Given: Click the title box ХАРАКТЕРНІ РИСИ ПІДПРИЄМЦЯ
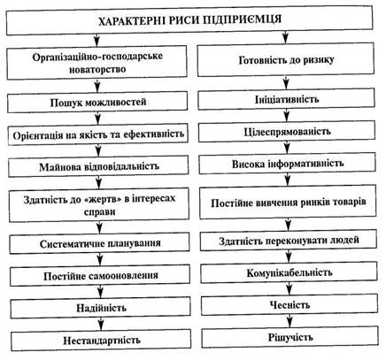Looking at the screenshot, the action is (x=189, y=21).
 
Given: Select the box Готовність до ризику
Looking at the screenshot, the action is (x=286, y=60).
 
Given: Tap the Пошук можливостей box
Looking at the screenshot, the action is (x=97, y=103).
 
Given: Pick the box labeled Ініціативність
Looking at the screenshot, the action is (x=287, y=99).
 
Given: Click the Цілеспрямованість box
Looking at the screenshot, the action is (x=287, y=132).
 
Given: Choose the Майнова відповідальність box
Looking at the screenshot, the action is (x=98, y=166).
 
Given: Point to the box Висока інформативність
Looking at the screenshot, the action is (x=288, y=164).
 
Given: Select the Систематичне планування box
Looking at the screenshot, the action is (x=100, y=243).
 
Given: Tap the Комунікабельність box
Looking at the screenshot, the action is (x=289, y=272).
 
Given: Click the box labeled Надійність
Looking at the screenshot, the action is (x=101, y=308).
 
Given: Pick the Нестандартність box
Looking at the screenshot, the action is (x=101, y=341).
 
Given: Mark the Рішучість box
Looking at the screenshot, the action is (x=290, y=337).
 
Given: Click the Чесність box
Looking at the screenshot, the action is (x=289, y=304).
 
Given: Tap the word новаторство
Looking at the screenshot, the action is (x=97, y=70).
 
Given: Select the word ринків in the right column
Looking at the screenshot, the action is (x=315, y=203).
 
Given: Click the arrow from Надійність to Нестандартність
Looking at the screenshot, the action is (x=101, y=324).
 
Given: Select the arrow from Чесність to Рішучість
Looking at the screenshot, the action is (x=289, y=321).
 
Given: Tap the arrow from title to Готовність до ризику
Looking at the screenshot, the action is (x=285, y=37).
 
